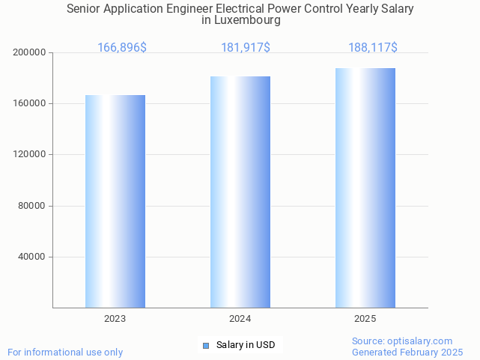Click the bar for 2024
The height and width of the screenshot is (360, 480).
(240, 192)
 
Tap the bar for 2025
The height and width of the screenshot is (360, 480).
(365, 188)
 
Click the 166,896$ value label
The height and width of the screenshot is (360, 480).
(122, 48)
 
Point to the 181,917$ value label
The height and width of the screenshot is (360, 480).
(246, 48)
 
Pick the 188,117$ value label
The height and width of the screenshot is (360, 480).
(373, 48)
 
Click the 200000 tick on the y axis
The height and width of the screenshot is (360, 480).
(30, 52)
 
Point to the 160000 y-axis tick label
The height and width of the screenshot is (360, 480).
(30, 103)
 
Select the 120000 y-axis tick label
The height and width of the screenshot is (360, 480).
(30, 154)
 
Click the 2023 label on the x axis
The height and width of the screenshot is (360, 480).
(115, 319)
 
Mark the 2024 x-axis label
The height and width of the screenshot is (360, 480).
(240, 319)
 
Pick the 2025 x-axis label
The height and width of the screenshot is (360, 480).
(365, 319)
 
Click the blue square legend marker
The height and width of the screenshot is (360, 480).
(207, 345)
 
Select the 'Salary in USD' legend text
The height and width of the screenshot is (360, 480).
(246, 345)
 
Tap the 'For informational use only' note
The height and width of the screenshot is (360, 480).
(65, 352)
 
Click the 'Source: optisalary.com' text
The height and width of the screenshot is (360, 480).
(402, 341)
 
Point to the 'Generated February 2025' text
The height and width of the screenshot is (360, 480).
(407, 352)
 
